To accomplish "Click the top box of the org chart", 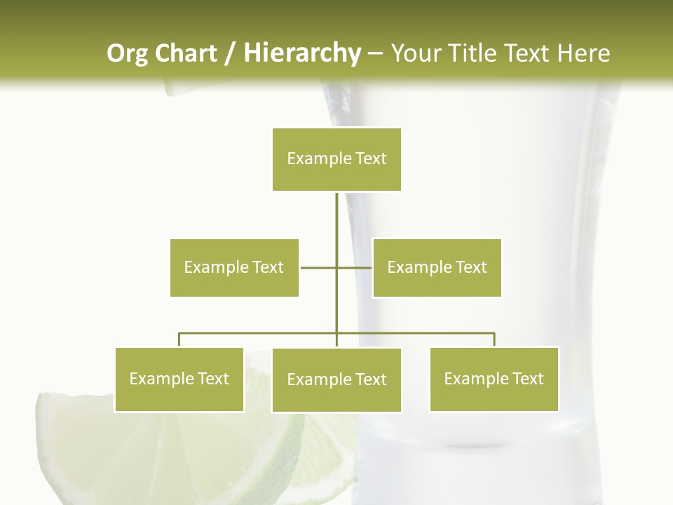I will tap(336, 159).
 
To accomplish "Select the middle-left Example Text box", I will tap(234, 267).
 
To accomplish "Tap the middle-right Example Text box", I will tap(437, 267).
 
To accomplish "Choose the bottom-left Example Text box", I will tap(179, 379).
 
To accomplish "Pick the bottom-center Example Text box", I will tap(336, 379).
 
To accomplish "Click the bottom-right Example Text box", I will tap(494, 379).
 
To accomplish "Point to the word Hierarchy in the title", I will tap(301, 53).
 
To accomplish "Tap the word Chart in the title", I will tap(186, 53).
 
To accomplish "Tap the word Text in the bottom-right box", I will tap(526, 379).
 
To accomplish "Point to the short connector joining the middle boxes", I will tap(319, 267).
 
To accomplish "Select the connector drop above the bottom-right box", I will tap(494, 339).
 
